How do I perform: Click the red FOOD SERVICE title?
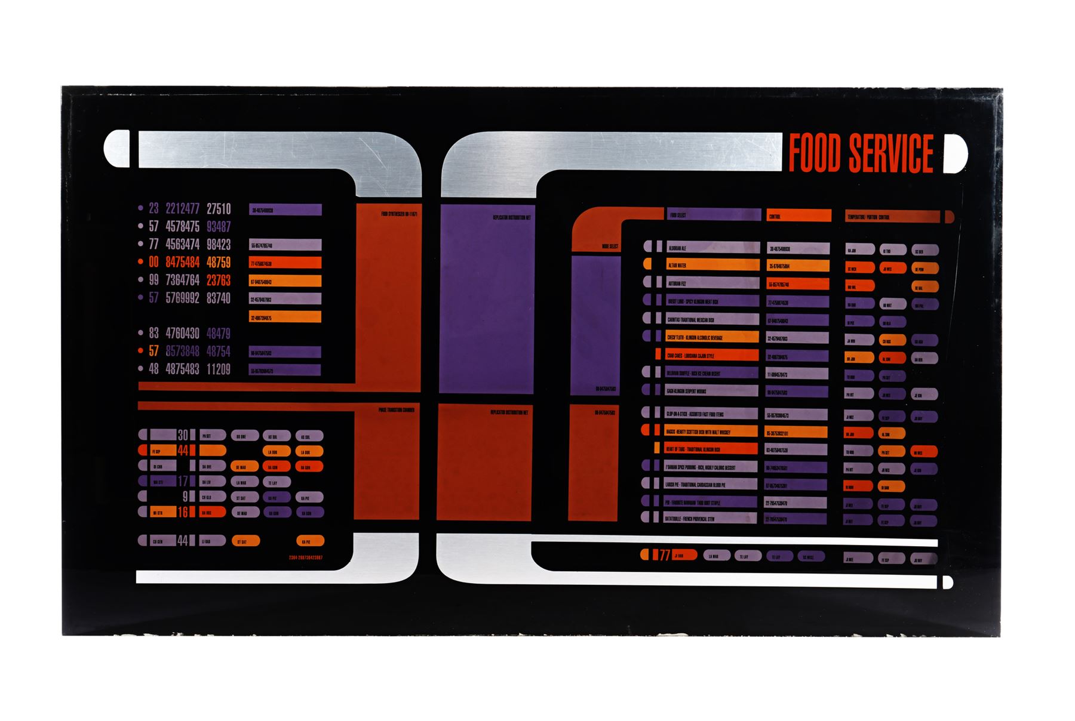coord(861,153)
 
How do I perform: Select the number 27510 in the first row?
coord(219,209)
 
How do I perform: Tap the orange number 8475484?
coord(182,263)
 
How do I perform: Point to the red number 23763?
coord(219,281)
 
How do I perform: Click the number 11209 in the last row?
coord(219,369)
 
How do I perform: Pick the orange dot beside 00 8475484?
coord(141,262)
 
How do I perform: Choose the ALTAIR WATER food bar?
coord(712,266)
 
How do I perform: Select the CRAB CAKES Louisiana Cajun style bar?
coord(712,356)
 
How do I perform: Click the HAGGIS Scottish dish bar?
coord(712,432)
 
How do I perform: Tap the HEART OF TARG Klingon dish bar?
coord(712,449)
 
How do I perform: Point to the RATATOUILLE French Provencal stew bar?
coord(712,519)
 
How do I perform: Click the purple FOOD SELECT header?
coord(714,215)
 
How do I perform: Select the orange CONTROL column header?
coord(798,216)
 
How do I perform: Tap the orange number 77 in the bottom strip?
coord(665,556)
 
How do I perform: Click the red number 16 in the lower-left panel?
coord(183,512)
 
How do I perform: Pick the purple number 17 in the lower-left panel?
coord(183,481)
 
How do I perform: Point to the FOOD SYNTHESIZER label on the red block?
coord(399,214)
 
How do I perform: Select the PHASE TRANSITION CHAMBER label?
coord(396,411)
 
